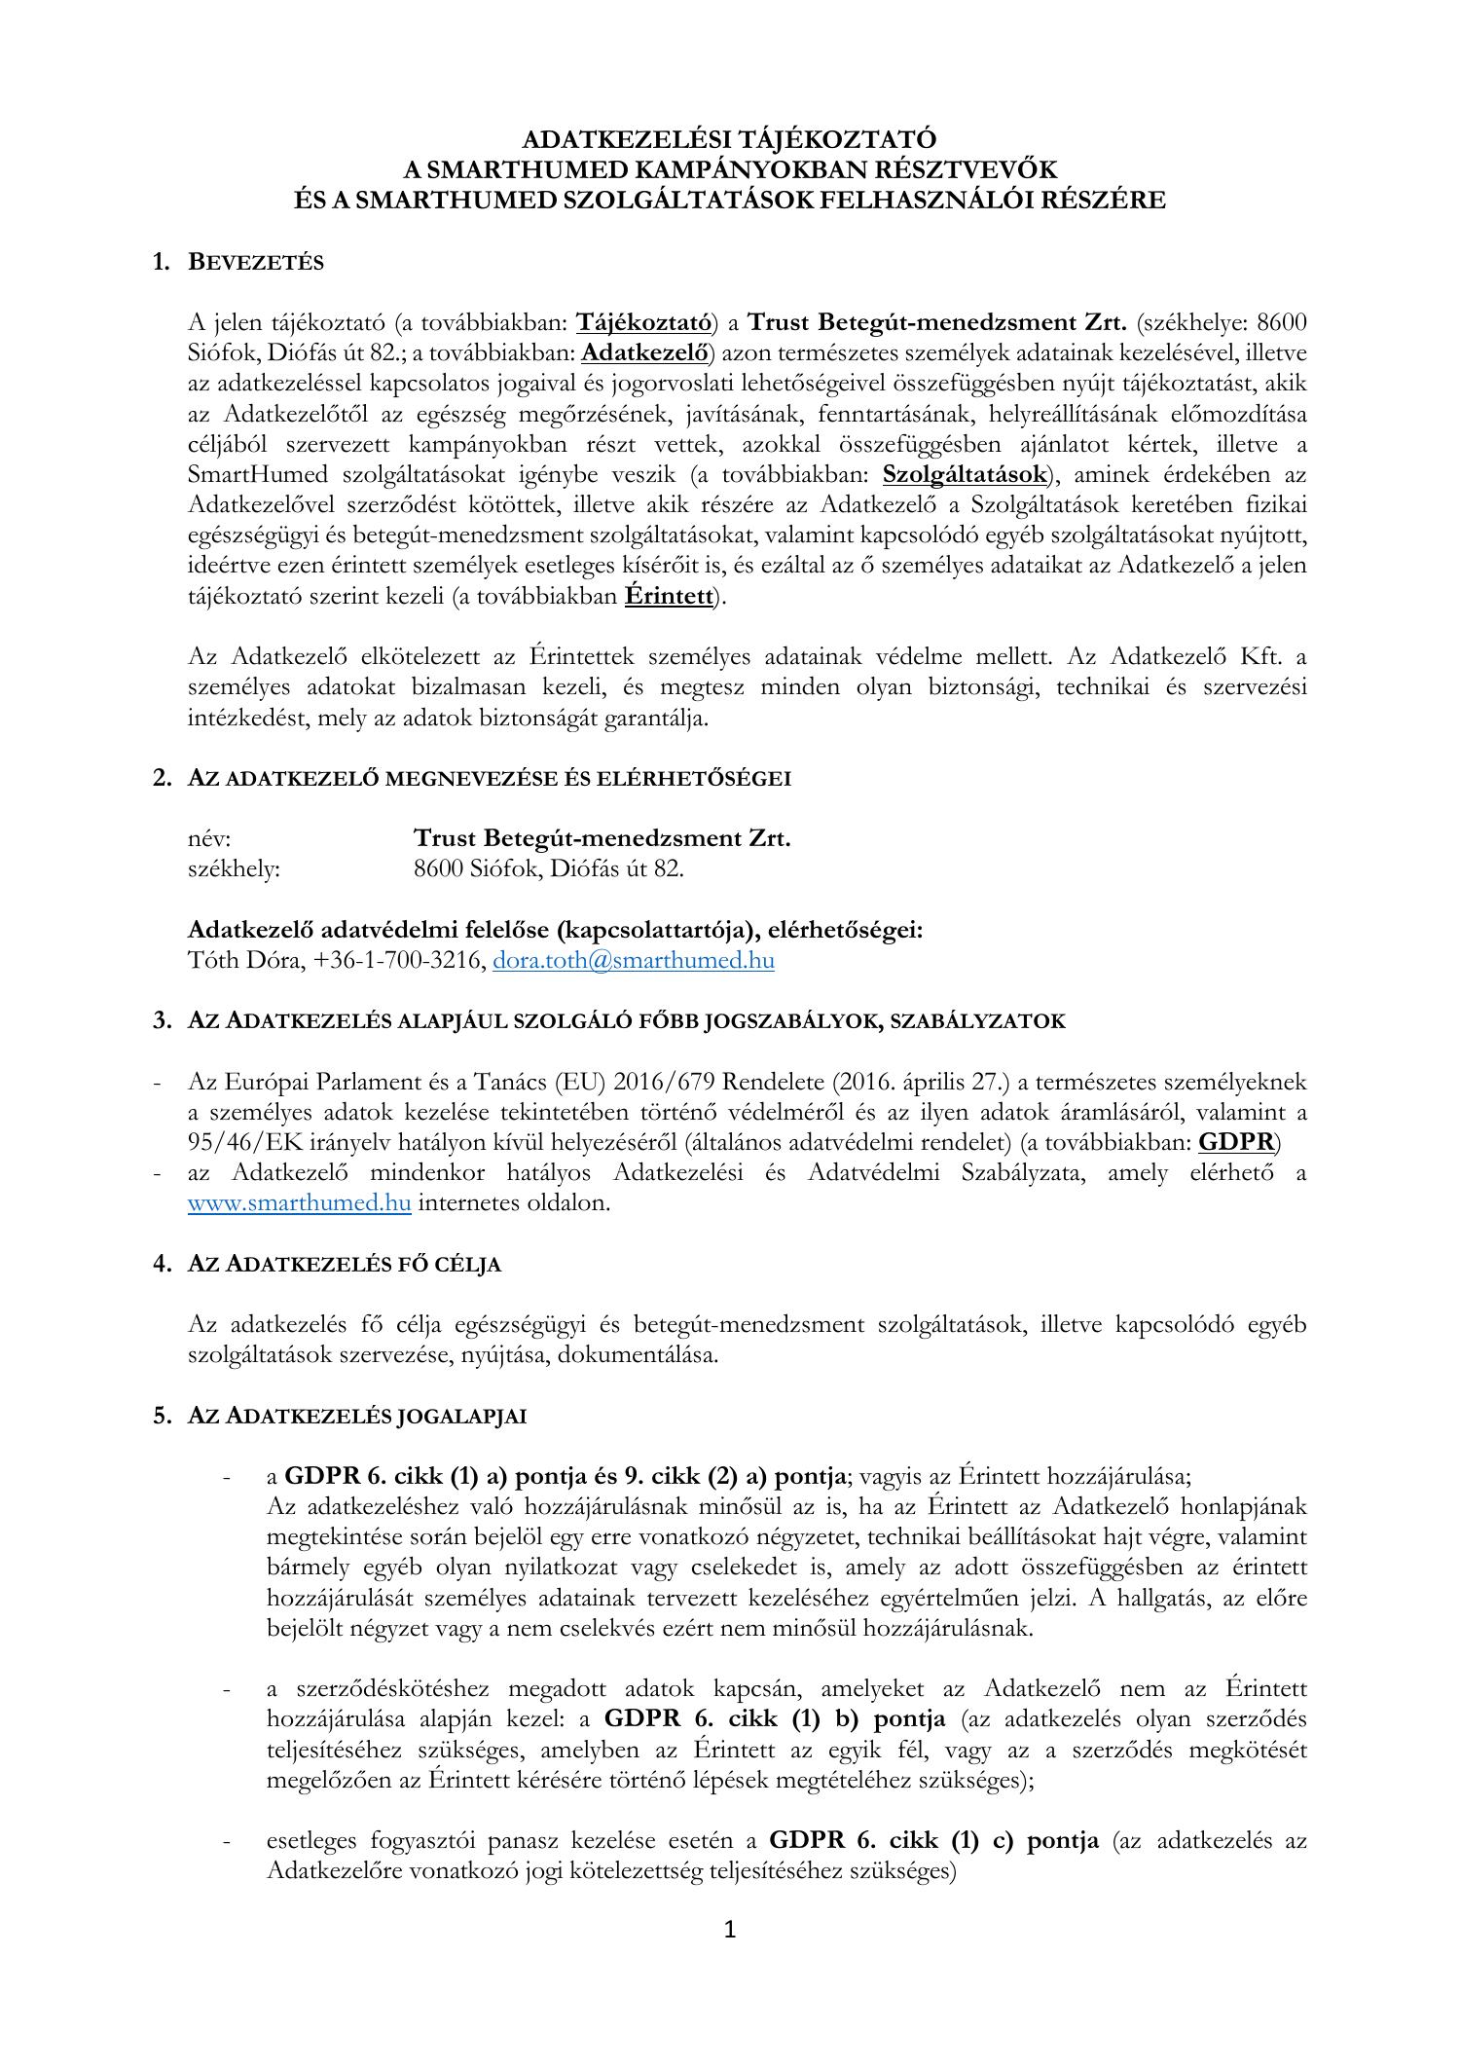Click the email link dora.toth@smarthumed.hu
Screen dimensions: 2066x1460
click(634, 961)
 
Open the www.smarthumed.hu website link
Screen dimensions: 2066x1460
click(299, 1202)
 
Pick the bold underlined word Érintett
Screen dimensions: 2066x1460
click(669, 596)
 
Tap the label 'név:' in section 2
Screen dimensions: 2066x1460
click(209, 838)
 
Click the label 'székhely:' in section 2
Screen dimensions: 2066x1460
click(234, 868)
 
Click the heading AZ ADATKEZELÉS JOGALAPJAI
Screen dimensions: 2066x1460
click(357, 1417)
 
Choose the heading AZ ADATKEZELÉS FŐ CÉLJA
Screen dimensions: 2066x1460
click(345, 1264)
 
